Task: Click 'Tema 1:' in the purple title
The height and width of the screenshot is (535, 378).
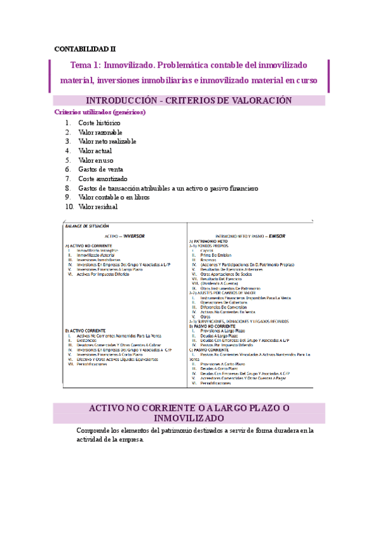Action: point(85,65)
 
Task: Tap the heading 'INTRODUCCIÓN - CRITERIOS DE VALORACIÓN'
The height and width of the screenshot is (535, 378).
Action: point(189,101)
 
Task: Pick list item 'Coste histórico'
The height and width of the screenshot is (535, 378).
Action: point(99,122)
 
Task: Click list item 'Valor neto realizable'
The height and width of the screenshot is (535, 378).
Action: point(107,141)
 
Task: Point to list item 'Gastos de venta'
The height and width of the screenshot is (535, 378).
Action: point(100,169)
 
